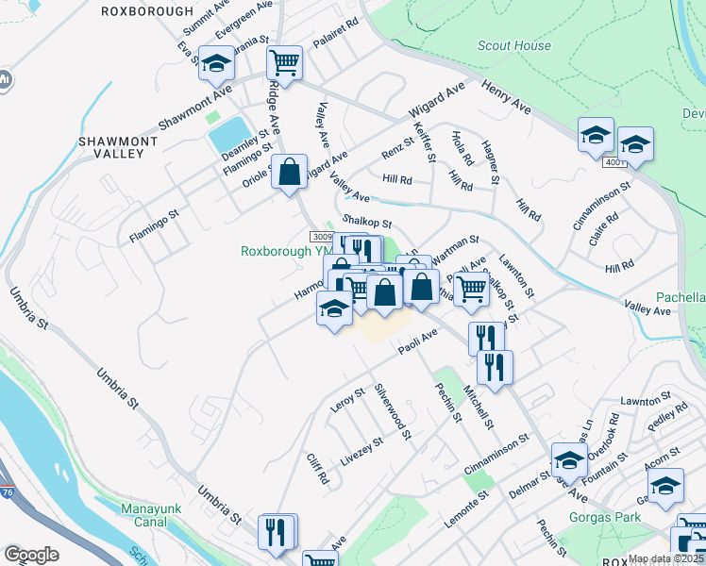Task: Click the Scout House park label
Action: pyautogui.click(x=514, y=45)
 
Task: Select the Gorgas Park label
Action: pyautogui.click(x=604, y=517)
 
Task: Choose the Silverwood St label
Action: pyautogui.click(x=394, y=411)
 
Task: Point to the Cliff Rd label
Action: pyautogui.click(x=316, y=468)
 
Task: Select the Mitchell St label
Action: pyautogui.click(x=478, y=405)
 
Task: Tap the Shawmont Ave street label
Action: pyautogui.click(x=194, y=111)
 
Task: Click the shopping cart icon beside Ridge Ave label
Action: pyautogui.click(x=284, y=63)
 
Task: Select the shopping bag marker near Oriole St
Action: pyautogui.click(x=290, y=173)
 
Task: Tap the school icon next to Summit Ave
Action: pyautogui.click(x=217, y=64)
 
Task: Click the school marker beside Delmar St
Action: pyautogui.click(x=569, y=460)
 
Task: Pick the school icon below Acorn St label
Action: pyautogui.click(x=666, y=486)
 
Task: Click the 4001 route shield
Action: pyautogui.click(x=616, y=163)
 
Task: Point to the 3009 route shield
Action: pyautogui.click(x=322, y=236)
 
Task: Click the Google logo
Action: pyautogui.click(x=31, y=554)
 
